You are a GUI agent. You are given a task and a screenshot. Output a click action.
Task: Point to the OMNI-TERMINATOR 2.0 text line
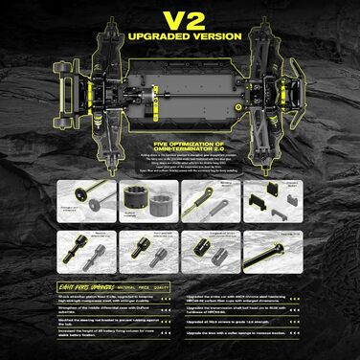click(179, 146)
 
